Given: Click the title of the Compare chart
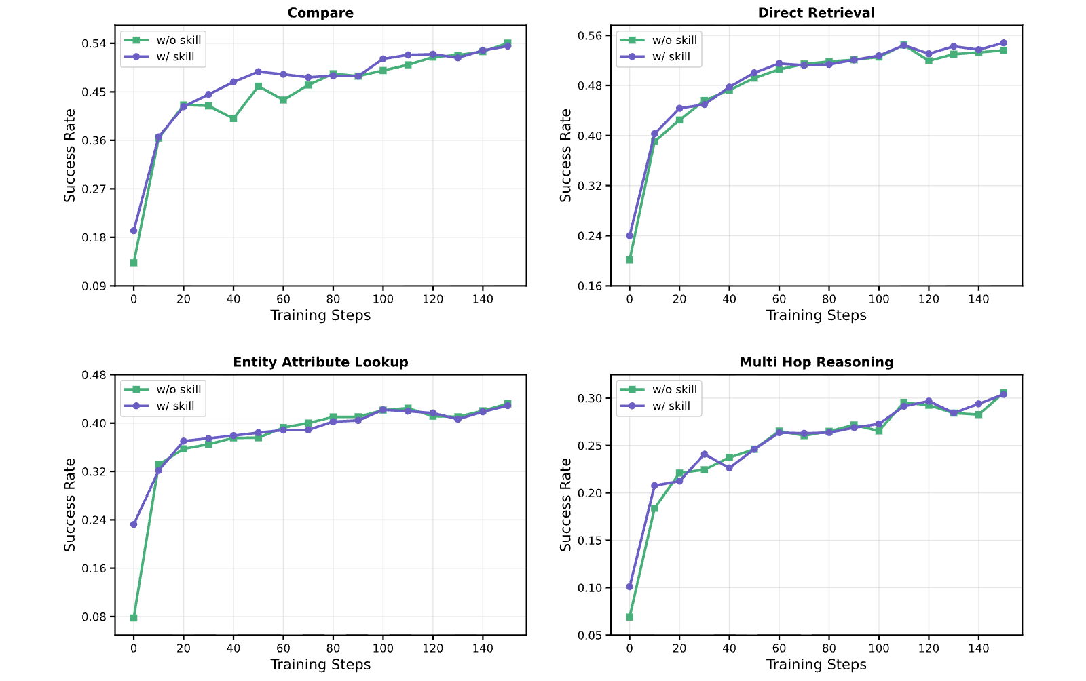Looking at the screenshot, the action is pyautogui.click(x=320, y=13).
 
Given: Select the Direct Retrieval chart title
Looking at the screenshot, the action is pyautogui.click(x=816, y=13).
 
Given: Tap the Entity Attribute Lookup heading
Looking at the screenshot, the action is pyautogui.click(x=320, y=362).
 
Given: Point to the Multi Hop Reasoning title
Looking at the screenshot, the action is pyautogui.click(x=816, y=362).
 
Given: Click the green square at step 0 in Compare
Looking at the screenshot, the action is pyautogui.click(x=134, y=262).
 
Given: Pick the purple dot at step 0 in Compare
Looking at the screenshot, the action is pyautogui.click(x=134, y=231).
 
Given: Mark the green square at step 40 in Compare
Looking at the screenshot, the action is pyautogui.click(x=233, y=118).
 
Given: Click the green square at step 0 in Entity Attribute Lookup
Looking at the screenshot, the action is pyautogui.click(x=134, y=617).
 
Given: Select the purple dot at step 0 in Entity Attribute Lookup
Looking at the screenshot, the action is pyautogui.click(x=134, y=524).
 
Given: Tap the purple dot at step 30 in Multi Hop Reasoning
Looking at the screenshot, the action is pyautogui.click(x=705, y=454).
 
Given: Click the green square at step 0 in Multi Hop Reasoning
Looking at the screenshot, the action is pyautogui.click(x=630, y=617).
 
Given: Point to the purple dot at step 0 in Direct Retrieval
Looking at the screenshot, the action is pyautogui.click(x=630, y=236).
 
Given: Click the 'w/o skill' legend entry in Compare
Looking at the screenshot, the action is pyautogui.click(x=162, y=40).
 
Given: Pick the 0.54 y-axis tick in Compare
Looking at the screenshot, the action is pyautogui.click(x=94, y=43).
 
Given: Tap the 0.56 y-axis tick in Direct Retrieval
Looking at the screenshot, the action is pyautogui.click(x=590, y=36).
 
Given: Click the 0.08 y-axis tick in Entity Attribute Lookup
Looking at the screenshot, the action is pyautogui.click(x=94, y=617).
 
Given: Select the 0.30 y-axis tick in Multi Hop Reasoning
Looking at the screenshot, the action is pyautogui.click(x=590, y=398).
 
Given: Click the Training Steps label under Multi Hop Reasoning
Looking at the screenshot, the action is pyautogui.click(x=816, y=665).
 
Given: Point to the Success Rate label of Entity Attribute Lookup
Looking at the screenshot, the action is pyautogui.click(x=70, y=505).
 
